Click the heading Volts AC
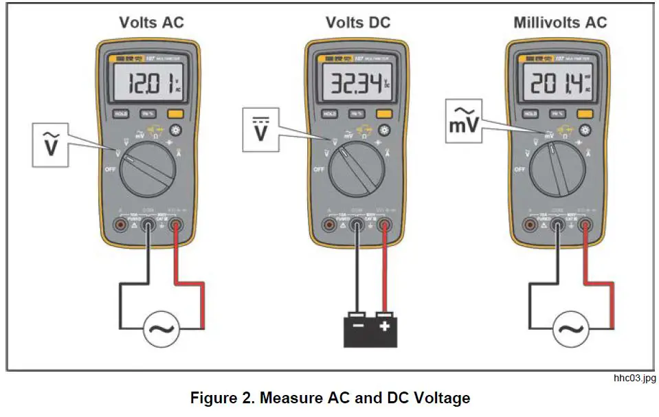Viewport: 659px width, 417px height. [x=151, y=22]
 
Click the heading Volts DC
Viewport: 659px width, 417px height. [x=357, y=22]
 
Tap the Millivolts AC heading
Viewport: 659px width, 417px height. [x=560, y=22]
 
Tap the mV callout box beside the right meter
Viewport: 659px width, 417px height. [x=463, y=123]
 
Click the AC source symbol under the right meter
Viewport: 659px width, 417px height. [x=572, y=328]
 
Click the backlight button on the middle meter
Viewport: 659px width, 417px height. [x=384, y=130]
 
